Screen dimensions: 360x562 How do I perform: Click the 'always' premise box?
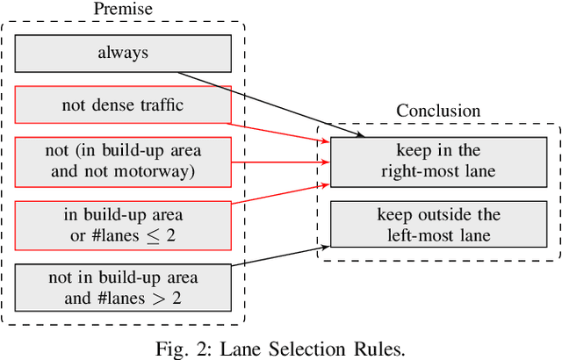[x=123, y=53]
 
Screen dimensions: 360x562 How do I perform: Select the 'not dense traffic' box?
[x=123, y=104]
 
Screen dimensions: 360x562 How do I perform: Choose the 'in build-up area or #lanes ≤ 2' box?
[x=123, y=224]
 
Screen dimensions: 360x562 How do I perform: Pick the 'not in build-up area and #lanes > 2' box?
[x=123, y=286]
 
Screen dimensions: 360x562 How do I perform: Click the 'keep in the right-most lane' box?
[x=438, y=162]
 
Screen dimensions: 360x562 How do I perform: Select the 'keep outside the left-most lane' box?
[x=438, y=224]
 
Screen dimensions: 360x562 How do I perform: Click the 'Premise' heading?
[x=123, y=8]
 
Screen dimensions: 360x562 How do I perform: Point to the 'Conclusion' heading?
[x=438, y=112]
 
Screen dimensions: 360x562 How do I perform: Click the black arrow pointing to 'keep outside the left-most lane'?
[x=277, y=256]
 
